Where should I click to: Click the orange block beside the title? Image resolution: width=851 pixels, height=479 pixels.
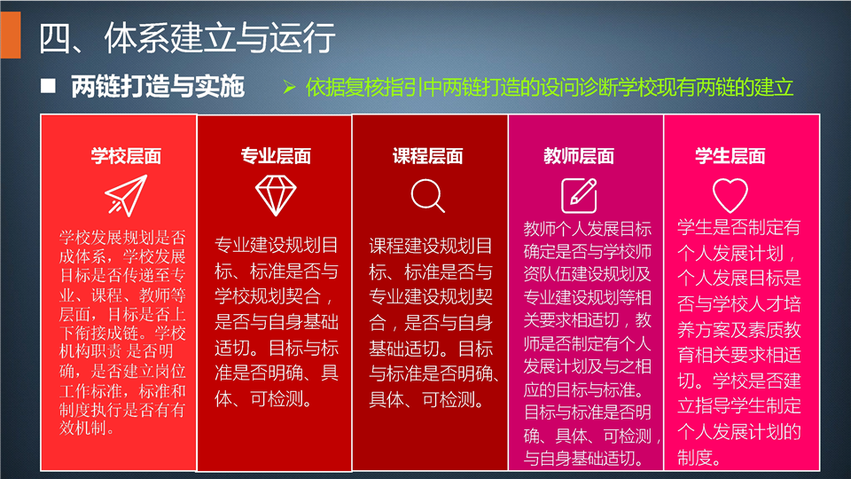click(10, 35)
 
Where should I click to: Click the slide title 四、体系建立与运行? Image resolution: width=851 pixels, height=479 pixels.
click(187, 37)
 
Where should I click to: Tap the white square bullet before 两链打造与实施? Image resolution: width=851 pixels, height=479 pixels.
click(48, 86)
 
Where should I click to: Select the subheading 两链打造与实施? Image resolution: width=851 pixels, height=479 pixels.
click(158, 86)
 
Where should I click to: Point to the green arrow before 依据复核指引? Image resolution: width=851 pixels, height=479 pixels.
click(289, 87)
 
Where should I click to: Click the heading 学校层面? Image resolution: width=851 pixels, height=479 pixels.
click(126, 156)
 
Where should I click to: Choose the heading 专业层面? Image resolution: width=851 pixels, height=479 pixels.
click(276, 156)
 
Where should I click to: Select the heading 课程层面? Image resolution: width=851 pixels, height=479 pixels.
click(427, 156)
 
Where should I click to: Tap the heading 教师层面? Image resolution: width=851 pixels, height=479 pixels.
click(579, 156)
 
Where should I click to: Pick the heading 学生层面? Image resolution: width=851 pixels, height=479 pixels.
click(730, 156)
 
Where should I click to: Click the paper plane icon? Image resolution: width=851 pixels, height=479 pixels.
click(126, 195)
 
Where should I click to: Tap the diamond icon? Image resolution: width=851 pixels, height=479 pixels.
click(276, 195)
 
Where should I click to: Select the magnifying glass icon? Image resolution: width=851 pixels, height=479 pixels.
click(427, 195)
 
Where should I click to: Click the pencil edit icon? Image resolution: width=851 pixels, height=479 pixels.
click(579, 195)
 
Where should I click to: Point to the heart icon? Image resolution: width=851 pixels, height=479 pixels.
click(730, 195)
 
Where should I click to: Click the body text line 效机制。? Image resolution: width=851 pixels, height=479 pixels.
click(88, 428)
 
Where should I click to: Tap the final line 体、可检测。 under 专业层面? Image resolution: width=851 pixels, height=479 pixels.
click(264, 398)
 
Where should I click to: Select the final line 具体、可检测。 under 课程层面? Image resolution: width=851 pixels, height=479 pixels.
click(427, 400)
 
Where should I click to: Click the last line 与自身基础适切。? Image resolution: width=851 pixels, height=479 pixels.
click(583, 459)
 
